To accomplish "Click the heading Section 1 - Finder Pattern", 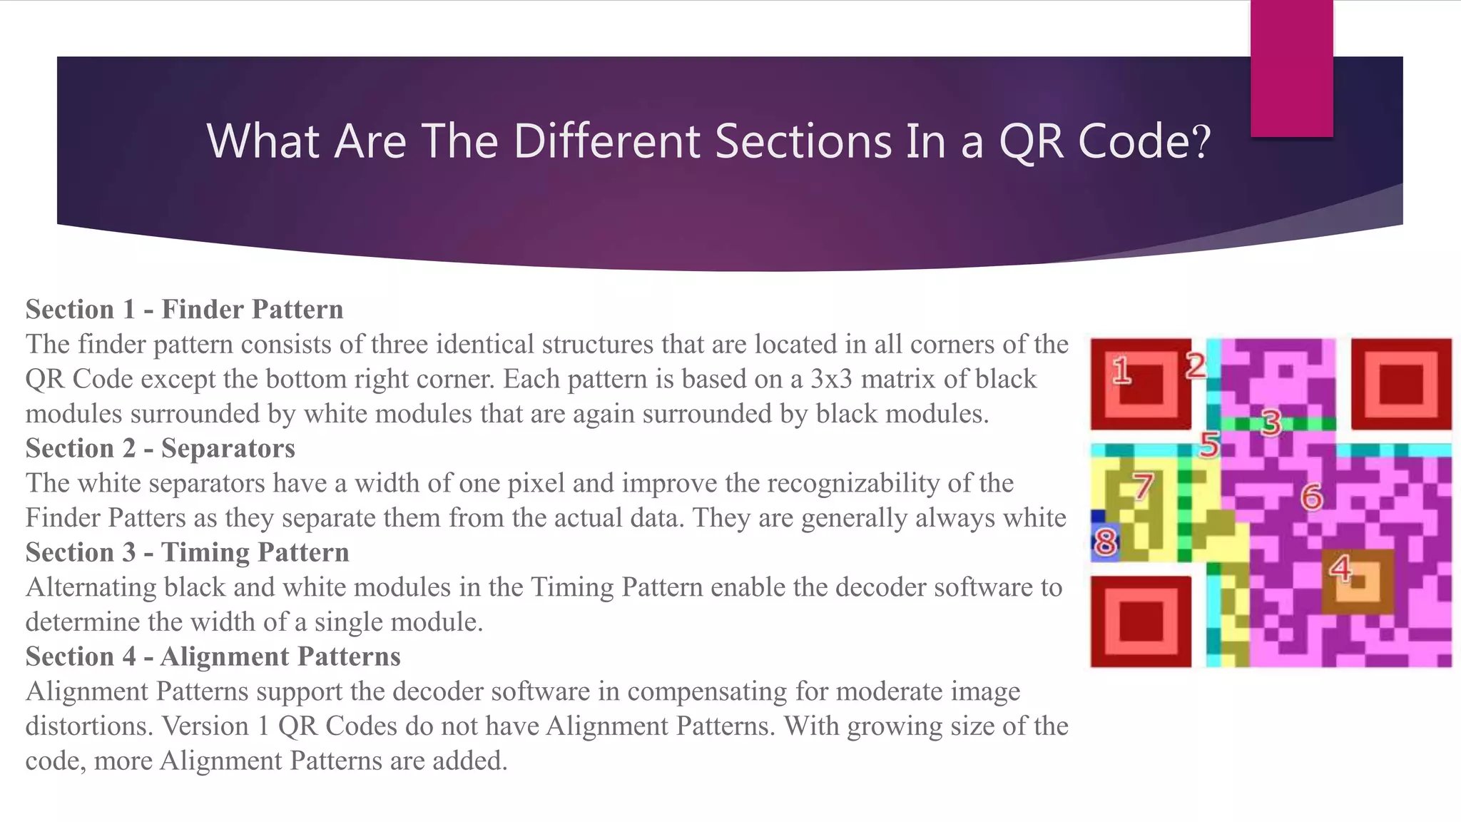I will [x=184, y=309].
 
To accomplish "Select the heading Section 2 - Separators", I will [x=160, y=448].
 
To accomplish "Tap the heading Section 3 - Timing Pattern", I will [x=187, y=552].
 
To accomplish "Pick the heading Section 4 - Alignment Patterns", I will [x=213, y=656].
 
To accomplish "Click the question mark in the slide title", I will [x=1201, y=141].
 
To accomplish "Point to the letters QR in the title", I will [x=1032, y=141].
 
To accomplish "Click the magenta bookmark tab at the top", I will [x=1291, y=68].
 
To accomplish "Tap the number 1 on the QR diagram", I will [x=1121, y=370].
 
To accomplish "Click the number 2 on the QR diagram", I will [x=1196, y=366].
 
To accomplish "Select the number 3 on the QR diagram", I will [x=1271, y=423].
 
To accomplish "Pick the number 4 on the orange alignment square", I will [x=1340, y=569].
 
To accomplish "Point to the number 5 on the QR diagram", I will [x=1209, y=445].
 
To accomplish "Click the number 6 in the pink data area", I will [x=1311, y=497].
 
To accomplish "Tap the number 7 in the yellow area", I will [x=1144, y=487].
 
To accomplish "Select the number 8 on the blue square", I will [x=1105, y=542].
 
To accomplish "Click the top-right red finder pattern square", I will [x=1401, y=384].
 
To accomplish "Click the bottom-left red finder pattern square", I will [x=1141, y=621].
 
